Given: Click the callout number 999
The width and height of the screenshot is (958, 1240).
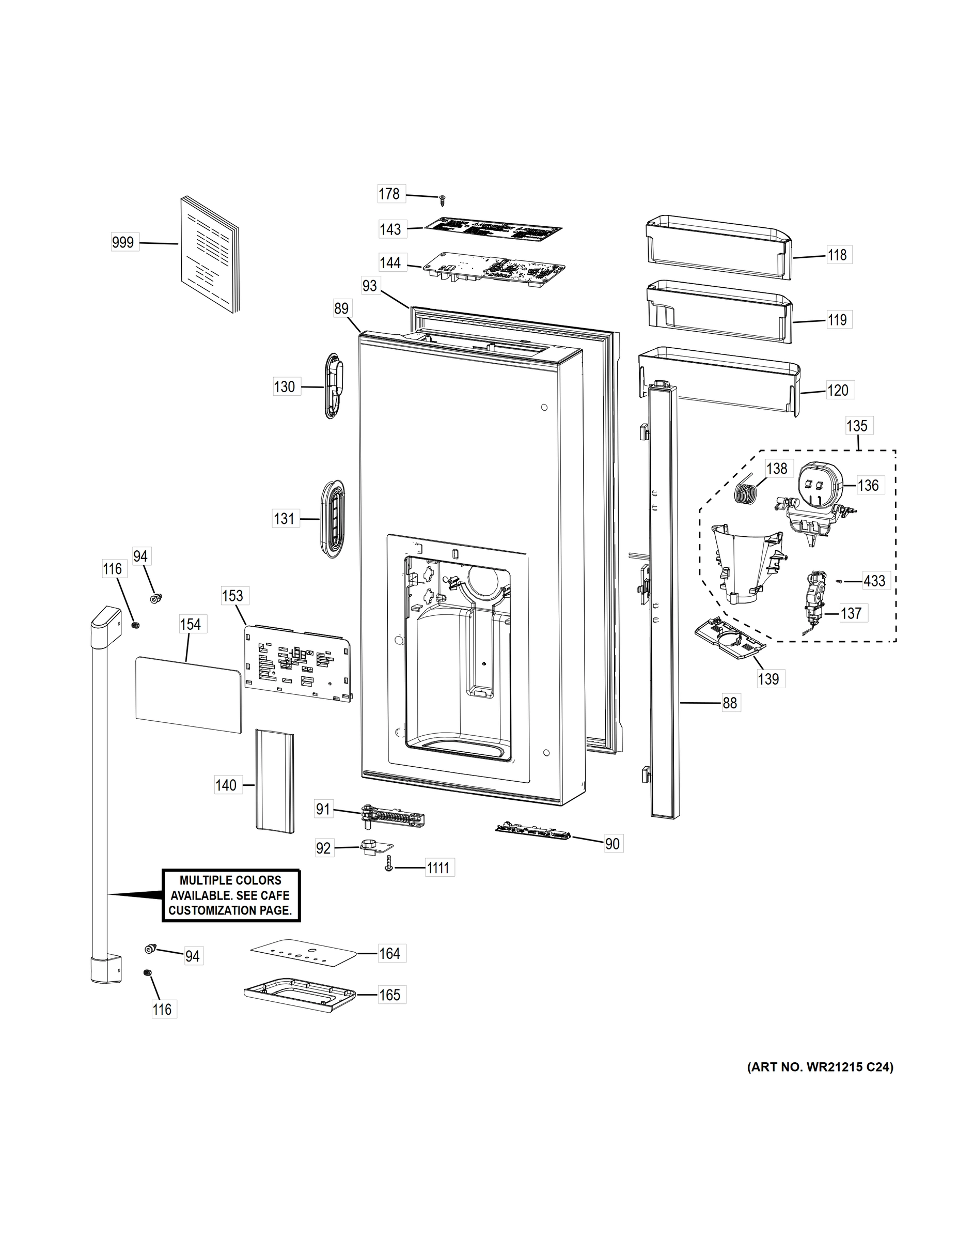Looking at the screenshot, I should (123, 242).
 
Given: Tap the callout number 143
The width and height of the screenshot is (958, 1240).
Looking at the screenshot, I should (390, 229).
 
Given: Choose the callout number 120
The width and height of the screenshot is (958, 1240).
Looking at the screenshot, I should (838, 390).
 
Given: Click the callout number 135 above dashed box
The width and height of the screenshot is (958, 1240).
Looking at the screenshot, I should (856, 425).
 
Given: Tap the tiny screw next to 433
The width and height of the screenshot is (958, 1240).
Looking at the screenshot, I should (839, 581).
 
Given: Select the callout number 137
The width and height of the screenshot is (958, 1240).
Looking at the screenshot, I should (851, 613).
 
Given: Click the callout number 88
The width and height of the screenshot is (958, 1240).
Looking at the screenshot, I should (730, 703).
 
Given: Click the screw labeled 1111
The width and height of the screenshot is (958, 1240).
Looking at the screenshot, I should (389, 868).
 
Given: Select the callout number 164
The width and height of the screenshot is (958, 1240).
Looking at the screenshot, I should (390, 953).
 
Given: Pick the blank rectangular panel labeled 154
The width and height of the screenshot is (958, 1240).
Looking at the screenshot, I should (189, 694).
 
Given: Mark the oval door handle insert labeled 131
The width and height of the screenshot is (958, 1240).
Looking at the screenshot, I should (332, 516).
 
